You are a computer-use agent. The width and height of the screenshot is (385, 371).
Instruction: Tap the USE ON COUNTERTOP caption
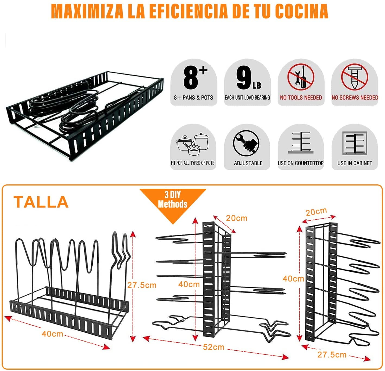point(301,163)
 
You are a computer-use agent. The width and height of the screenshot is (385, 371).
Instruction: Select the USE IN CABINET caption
point(355,163)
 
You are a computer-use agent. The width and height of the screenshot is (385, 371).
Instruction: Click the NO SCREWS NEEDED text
point(355,97)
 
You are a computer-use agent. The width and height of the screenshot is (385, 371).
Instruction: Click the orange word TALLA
point(41,202)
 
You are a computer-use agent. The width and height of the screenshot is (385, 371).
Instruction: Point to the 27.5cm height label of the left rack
point(142,285)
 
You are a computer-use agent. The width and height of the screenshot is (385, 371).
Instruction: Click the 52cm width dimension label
point(213,347)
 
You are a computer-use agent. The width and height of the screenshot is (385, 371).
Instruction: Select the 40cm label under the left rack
point(52,334)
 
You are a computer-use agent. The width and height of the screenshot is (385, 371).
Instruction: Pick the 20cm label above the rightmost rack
point(316,212)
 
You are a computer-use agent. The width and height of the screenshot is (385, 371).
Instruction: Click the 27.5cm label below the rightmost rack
point(332,355)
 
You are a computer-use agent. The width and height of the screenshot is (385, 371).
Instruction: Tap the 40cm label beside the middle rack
point(189,284)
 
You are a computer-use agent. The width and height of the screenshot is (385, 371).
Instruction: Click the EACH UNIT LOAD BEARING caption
point(247,97)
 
